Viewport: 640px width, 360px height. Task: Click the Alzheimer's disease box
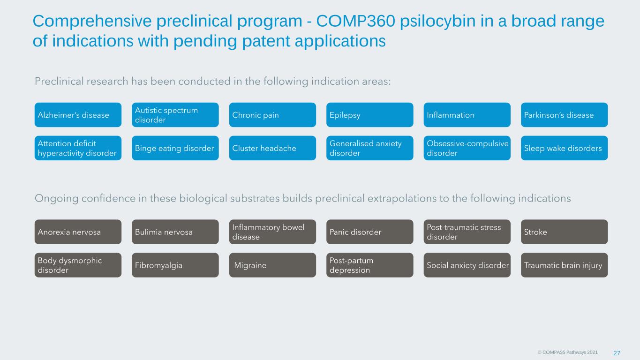(78, 115)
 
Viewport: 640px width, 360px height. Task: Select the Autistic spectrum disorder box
(175, 115)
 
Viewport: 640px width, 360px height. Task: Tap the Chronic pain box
(272, 115)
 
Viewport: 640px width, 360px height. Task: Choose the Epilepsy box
(370, 115)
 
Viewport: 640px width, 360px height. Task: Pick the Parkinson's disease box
(565, 115)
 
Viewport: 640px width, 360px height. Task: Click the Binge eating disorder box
(175, 148)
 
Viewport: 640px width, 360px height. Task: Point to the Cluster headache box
(272, 148)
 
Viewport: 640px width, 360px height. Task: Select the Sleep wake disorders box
(565, 148)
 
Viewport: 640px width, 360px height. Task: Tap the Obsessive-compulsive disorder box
(467, 148)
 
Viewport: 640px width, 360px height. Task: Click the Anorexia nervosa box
(78, 232)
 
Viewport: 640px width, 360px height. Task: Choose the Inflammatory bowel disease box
(272, 232)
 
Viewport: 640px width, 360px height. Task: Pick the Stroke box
(565, 232)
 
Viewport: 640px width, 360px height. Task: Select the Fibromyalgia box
(175, 265)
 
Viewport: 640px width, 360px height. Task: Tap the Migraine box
(272, 265)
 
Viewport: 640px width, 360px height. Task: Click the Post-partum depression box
(370, 265)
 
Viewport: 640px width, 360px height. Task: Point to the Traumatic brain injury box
(565, 265)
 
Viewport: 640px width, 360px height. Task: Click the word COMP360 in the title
(356, 21)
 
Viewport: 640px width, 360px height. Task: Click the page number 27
(617, 353)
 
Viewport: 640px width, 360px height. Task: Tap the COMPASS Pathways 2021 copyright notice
(568, 352)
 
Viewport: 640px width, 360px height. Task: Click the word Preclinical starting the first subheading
(59, 82)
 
